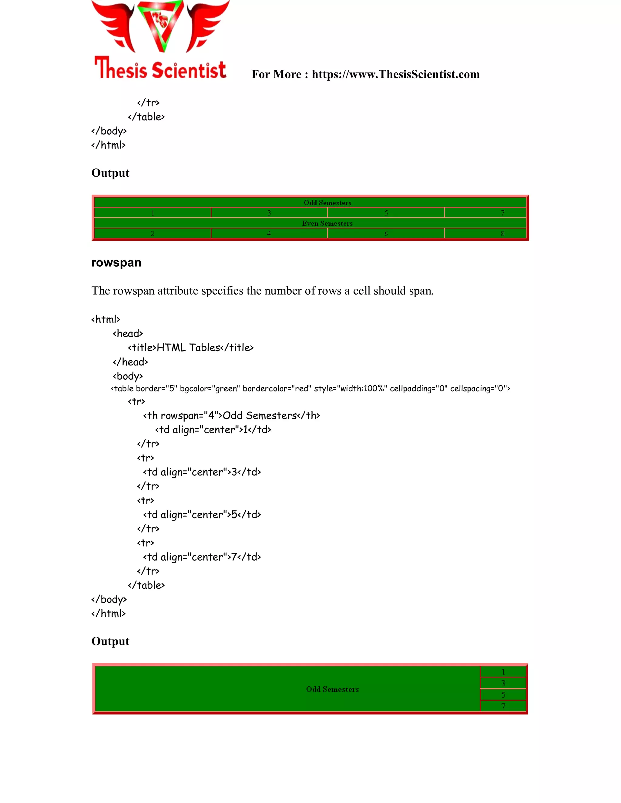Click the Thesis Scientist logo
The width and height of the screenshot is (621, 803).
click(x=160, y=40)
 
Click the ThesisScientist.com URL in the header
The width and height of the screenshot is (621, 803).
click(x=395, y=74)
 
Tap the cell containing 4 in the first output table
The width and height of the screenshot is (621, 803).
click(x=269, y=233)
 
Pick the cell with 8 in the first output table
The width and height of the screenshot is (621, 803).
click(x=502, y=233)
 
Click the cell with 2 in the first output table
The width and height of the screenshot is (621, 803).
click(x=152, y=233)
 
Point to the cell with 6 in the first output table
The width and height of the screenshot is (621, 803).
click(x=386, y=233)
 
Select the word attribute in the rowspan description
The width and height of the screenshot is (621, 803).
click(x=178, y=291)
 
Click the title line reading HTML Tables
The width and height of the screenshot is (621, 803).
click(x=190, y=348)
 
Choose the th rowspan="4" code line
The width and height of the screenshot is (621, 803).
click(x=231, y=415)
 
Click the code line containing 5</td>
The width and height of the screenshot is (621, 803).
click(x=202, y=515)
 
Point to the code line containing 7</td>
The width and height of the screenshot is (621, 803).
click(x=202, y=557)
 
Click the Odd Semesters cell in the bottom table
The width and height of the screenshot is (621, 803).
click(x=332, y=689)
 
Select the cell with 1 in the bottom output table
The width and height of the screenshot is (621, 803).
click(x=503, y=672)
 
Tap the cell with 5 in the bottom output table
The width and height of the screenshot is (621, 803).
click(x=503, y=695)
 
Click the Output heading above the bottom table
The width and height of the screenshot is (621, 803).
click(x=110, y=641)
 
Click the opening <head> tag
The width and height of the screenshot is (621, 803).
click(x=128, y=334)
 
